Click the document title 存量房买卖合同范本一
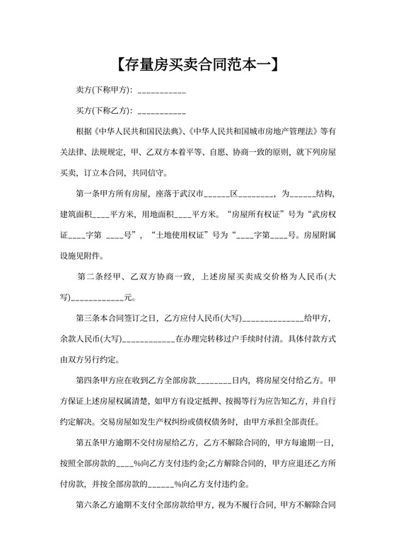click(x=197, y=66)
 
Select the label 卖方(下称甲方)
click(x=103, y=92)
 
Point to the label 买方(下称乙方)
click(x=103, y=112)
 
